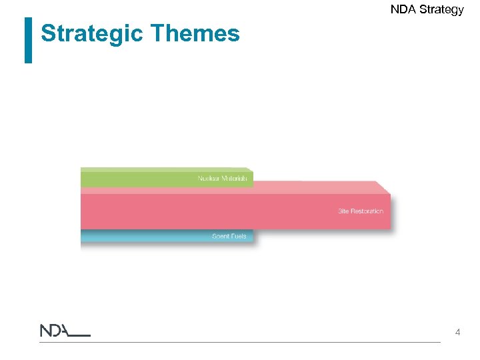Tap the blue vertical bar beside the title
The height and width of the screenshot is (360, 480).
click(28, 40)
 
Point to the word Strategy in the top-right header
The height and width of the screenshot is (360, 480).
click(442, 10)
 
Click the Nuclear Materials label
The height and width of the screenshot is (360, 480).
click(223, 178)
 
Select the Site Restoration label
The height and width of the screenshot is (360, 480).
click(360, 211)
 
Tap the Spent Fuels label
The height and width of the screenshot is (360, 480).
click(229, 236)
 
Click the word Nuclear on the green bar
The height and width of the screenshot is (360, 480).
click(209, 178)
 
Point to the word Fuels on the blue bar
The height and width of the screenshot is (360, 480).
click(238, 236)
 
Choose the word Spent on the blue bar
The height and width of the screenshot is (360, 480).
click(220, 236)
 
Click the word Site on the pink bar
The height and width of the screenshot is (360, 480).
click(343, 211)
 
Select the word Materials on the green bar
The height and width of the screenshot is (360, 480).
click(235, 178)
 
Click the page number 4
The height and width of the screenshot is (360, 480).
click(457, 332)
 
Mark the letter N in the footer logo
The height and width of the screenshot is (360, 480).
click(46, 331)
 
